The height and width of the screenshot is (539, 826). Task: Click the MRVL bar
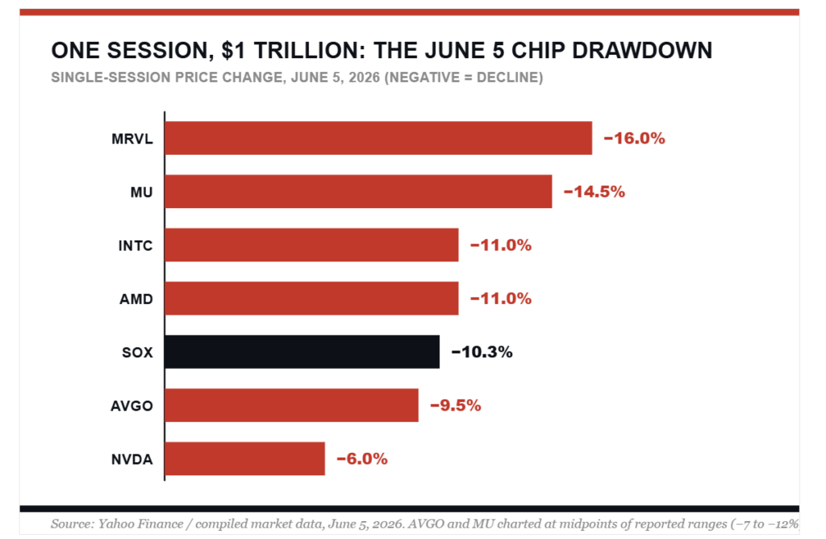378,138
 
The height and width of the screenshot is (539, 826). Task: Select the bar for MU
358,191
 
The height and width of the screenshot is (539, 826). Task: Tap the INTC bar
311,245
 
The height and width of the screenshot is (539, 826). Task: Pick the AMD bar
311,299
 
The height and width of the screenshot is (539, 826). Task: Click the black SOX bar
302,352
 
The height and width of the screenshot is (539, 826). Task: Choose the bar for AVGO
291,405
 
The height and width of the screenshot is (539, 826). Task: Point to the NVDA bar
245,458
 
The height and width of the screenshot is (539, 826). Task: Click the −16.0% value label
634,138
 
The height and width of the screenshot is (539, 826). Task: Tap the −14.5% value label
594,191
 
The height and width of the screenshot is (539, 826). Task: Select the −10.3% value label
482,352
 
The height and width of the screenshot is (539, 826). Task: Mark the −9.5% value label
456,405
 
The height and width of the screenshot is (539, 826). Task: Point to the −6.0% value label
362,458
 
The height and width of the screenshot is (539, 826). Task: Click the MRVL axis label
132,139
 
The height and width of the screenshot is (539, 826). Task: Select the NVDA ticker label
132,459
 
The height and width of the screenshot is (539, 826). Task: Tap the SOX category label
137,353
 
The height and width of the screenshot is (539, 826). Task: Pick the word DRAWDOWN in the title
642,51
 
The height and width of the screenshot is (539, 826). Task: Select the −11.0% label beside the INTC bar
501,245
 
